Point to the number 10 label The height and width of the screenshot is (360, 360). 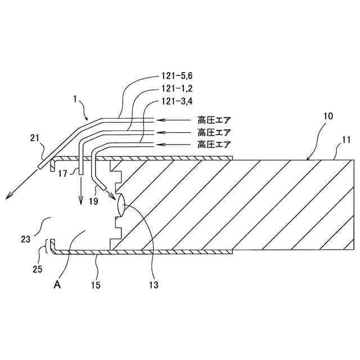[328, 116]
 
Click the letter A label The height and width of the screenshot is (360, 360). [56, 285]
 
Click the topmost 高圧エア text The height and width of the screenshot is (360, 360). [214, 120]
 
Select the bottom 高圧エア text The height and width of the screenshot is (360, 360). [214, 145]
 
